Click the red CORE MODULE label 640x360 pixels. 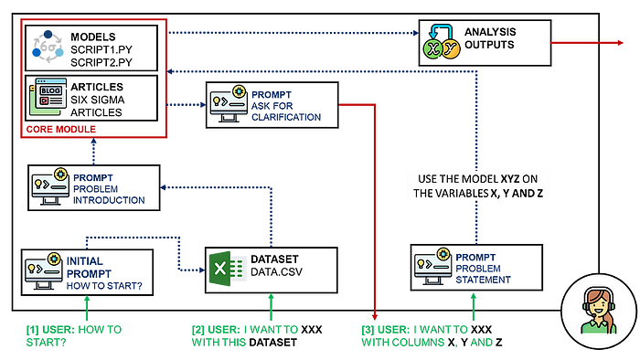(61, 129)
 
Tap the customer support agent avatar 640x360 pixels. (598, 312)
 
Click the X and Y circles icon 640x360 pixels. (442, 42)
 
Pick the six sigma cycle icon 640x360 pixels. (48, 47)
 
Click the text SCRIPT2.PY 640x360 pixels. (101, 62)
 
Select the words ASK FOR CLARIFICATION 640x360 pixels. (286, 111)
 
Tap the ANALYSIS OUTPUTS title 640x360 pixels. (490, 37)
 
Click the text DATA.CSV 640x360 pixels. (276, 272)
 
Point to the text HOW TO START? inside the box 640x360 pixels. (104, 286)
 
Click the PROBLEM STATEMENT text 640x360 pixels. (483, 274)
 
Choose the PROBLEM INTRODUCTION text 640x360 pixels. (109, 195)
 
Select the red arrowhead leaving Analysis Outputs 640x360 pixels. (621, 42)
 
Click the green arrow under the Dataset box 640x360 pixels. (271, 307)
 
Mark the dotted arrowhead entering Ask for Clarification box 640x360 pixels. (203, 105)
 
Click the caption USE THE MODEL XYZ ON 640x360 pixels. (477, 179)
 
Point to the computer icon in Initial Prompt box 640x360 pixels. (44, 270)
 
